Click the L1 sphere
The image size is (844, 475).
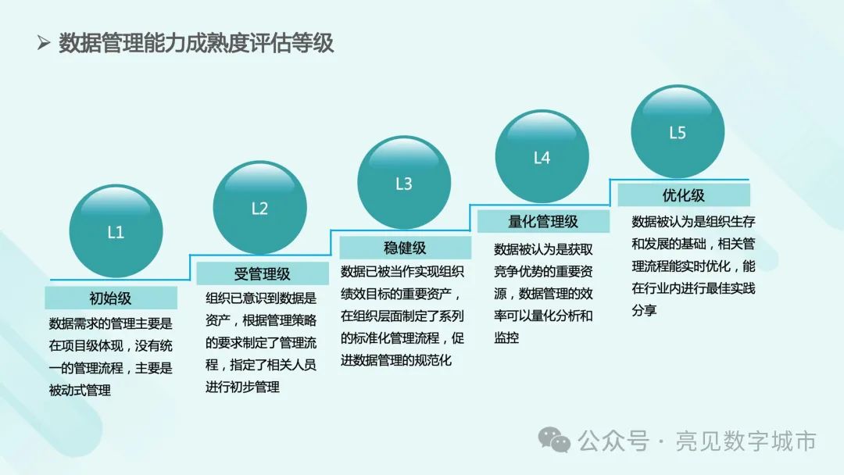(116, 231)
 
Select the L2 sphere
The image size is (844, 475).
(260, 208)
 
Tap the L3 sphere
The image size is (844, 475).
(404, 182)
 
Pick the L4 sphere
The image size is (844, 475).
(542, 156)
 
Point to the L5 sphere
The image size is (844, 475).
(678, 131)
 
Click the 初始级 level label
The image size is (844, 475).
(110, 298)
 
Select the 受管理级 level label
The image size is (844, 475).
(262, 273)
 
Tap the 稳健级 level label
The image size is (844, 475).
(405, 248)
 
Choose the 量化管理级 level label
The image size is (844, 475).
(543, 221)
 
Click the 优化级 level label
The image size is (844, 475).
(684, 195)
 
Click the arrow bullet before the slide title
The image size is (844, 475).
(44, 42)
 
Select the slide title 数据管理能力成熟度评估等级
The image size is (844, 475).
(196, 43)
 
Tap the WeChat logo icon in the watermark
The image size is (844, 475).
(554, 441)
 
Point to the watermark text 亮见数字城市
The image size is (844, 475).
(746, 441)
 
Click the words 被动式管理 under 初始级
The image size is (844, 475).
(80, 390)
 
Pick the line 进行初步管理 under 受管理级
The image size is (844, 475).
(242, 387)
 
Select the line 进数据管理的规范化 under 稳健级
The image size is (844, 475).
(396, 360)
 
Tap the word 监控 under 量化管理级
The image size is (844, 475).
(506, 337)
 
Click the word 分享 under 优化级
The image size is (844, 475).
(644, 310)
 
